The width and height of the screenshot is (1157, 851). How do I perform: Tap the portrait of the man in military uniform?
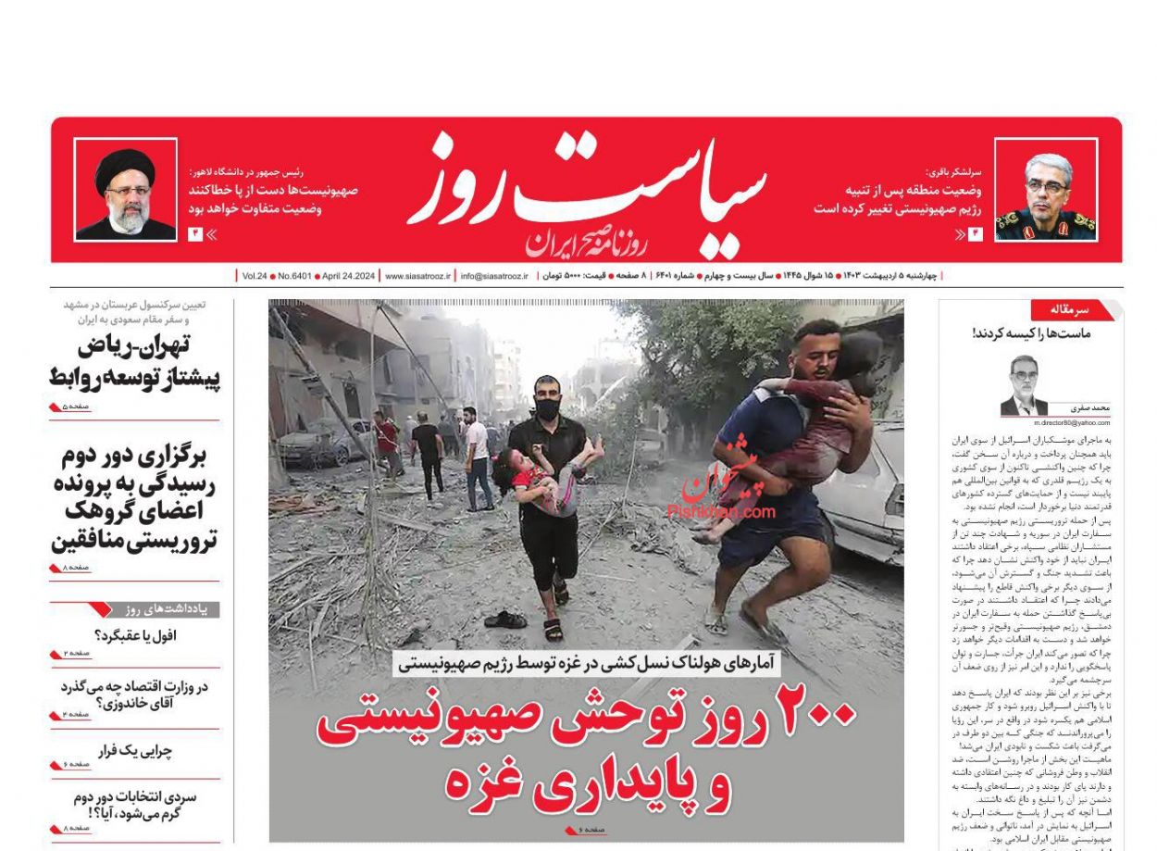[x=1046, y=191]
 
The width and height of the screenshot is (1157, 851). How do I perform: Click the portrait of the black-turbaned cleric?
[x=126, y=190]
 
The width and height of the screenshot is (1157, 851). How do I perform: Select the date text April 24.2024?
[x=348, y=276]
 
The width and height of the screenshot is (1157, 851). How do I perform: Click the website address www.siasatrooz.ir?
[x=418, y=276]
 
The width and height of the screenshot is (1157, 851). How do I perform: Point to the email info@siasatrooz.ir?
[x=494, y=276]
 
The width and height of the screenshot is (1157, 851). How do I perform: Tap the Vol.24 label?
[x=255, y=276]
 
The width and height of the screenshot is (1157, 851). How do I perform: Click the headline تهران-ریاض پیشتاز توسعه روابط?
[x=135, y=362]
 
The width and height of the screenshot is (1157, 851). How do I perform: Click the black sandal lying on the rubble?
[x=505, y=619]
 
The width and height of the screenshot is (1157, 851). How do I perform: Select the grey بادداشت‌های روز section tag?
[x=168, y=609]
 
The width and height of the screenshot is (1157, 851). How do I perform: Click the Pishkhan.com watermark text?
[x=721, y=510]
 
